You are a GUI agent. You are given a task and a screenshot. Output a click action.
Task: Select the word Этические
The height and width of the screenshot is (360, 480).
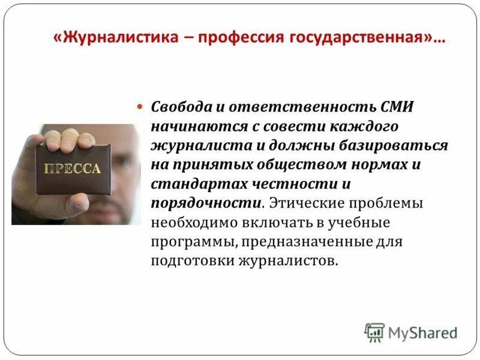(306, 203)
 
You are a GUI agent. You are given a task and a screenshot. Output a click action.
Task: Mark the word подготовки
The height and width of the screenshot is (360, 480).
(188, 262)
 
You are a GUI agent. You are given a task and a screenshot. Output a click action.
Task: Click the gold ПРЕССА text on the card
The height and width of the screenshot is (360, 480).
(72, 170)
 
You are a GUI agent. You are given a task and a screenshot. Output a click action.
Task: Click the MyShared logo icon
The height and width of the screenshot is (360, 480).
(374, 332)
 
